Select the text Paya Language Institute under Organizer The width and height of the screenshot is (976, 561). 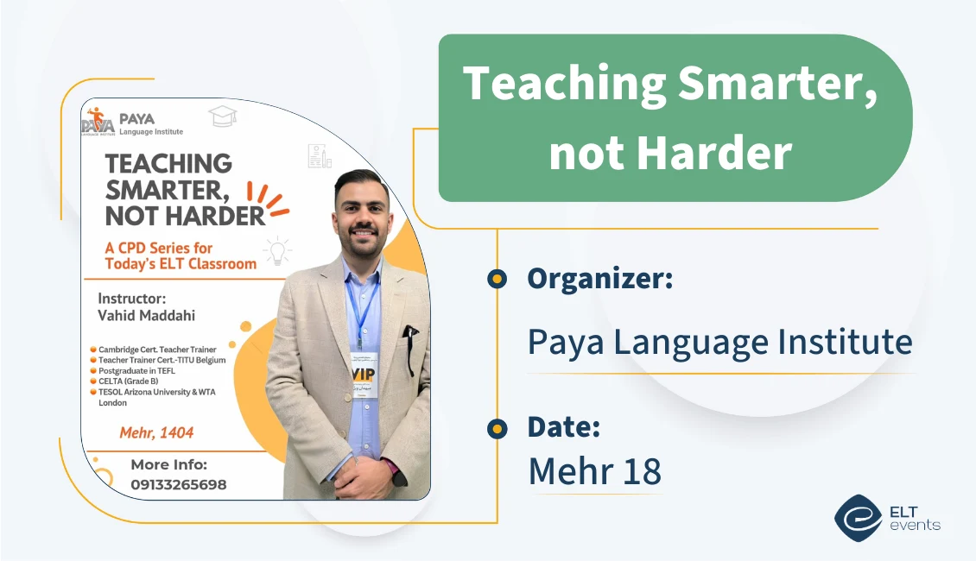point(719,343)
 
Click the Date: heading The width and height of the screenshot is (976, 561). point(563,427)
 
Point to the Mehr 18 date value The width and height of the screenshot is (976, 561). point(594,471)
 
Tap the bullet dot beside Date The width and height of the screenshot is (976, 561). point(497,428)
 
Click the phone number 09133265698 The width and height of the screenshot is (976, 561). point(178,484)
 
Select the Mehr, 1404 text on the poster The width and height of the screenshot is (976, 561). point(156,431)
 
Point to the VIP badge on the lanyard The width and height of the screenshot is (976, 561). point(364,373)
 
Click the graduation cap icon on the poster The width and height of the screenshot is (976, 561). point(222,116)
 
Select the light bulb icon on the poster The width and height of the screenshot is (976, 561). point(277,250)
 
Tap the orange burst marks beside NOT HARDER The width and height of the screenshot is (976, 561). point(267,198)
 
